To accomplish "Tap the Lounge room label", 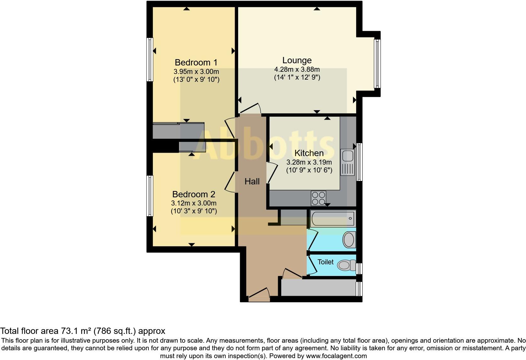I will point(297,60).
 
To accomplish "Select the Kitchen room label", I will point(309,153).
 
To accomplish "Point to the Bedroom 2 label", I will point(193,194).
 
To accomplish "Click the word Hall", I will point(252,181).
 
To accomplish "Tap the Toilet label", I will point(325,262).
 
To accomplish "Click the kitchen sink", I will point(348,162).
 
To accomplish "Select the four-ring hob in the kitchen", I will point(318,198).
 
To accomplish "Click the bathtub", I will point(333,218).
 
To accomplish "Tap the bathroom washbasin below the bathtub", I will point(349,240).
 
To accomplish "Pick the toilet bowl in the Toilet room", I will point(345,265).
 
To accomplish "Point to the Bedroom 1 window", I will point(150,60).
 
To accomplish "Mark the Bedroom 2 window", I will point(150,196).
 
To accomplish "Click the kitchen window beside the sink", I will point(359,162).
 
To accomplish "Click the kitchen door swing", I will point(272,172).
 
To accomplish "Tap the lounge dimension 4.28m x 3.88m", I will point(297,69).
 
